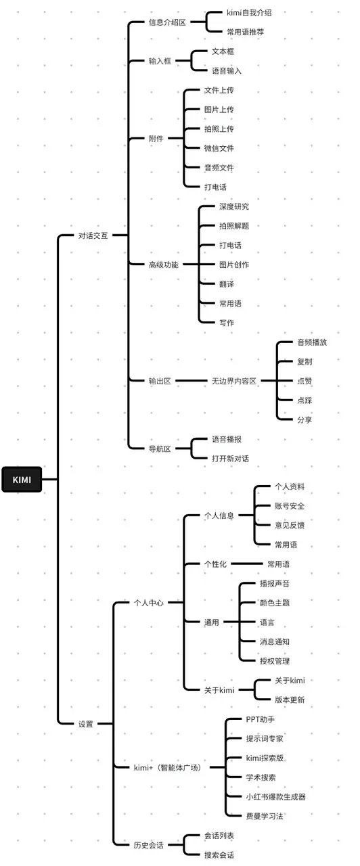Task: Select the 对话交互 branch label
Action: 93,235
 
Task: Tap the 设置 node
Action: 85,724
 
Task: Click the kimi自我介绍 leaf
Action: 250,13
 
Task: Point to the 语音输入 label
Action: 227,70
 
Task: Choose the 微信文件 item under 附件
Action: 219,148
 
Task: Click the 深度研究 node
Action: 234,206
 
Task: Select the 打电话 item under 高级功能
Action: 230,245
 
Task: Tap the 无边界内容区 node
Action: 233,381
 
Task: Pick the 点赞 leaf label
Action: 305,381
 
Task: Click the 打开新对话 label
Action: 230,458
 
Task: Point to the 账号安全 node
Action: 290,505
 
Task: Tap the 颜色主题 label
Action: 275,602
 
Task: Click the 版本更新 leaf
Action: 290,700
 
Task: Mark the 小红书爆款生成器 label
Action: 275,797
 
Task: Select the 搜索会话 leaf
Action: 219,854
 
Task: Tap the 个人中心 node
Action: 148,602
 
